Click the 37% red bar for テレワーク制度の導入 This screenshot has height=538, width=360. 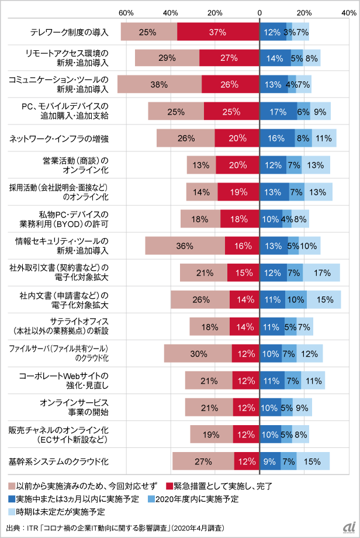click(x=218, y=32)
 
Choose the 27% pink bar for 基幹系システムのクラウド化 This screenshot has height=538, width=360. click(x=203, y=461)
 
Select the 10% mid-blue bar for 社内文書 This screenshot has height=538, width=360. click(x=296, y=300)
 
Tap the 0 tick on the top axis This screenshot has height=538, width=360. click(x=259, y=12)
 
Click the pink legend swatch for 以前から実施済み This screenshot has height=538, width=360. click(x=12, y=486)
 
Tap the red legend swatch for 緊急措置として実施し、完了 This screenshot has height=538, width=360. click(x=170, y=486)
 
